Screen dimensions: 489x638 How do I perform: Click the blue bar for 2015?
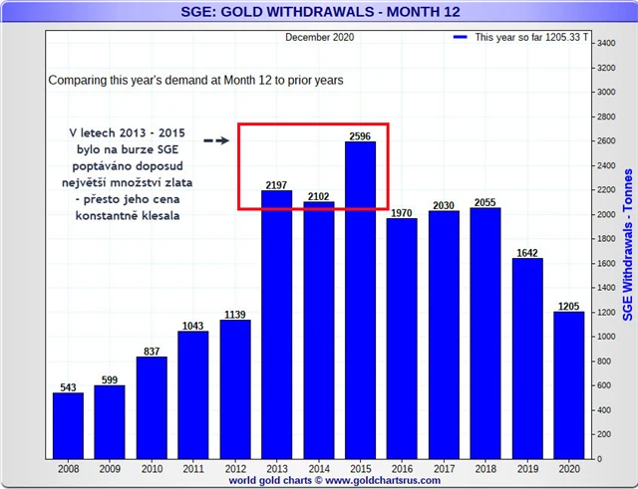tap(361, 299)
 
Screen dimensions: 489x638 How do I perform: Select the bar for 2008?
tap(68, 425)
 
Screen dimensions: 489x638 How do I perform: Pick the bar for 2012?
tap(235, 389)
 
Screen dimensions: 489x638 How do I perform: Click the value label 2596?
tap(361, 135)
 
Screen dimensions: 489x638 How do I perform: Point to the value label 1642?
tap(527, 252)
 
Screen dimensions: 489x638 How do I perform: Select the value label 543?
tap(68, 386)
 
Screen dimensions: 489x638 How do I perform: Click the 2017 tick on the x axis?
tap(444, 469)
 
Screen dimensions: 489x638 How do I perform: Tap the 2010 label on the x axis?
tap(152, 469)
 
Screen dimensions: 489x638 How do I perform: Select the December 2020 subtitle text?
tap(319, 37)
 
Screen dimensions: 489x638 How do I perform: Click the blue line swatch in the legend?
tap(460, 37)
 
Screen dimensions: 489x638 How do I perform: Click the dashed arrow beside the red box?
tap(215, 140)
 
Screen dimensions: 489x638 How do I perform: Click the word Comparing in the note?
tap(78, 79)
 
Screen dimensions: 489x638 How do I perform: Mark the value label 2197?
tap(277, 184)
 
